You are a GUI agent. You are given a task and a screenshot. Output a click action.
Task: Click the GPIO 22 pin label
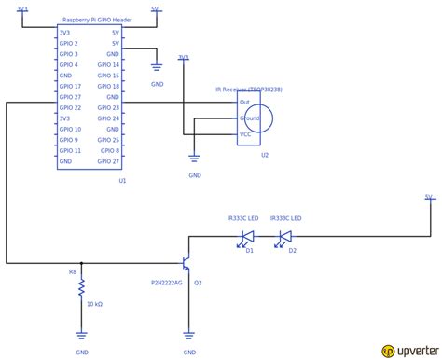coord(71,107)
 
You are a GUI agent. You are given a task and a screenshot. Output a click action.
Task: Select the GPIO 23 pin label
coord(109,107)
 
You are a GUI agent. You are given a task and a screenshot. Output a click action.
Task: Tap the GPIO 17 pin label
coord(71,86)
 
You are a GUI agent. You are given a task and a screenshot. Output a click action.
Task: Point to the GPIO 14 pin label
coord(109,64)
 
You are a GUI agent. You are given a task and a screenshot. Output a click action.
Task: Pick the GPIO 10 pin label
coord(71,129)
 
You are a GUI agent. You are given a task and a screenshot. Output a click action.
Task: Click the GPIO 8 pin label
coord(111,150)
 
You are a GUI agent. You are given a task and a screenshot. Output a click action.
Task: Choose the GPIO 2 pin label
coord(69,43)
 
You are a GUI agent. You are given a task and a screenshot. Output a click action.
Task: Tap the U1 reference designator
coord(122,181)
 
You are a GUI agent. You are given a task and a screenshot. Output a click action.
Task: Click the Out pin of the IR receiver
coord(244,102)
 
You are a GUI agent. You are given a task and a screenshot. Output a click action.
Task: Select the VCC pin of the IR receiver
coord(245,134)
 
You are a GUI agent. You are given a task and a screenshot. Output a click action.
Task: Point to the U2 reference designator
coord(265,155)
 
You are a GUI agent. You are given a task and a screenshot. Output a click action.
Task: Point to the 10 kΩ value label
coord(95,304)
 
